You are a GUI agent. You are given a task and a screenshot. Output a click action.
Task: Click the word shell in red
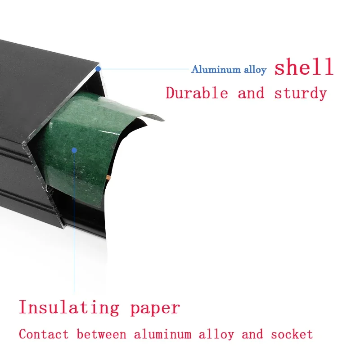pos(304,67)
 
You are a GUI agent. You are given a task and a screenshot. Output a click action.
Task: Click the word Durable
pos(197,93)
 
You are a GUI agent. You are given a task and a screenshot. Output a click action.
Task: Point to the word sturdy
pos(301,94)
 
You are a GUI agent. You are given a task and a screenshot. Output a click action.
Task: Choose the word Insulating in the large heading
pos(69,308)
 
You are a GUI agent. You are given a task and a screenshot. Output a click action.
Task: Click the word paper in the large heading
pos(155,309)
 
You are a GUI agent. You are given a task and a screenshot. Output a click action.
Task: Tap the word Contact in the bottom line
pos(44,334)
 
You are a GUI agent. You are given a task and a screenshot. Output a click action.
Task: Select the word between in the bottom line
pos(102,334)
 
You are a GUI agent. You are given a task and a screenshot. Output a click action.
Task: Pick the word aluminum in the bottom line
pos(163,334)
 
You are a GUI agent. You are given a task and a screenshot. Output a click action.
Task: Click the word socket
pos(292,334)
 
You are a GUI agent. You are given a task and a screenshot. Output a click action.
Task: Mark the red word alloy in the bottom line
pos(216,335)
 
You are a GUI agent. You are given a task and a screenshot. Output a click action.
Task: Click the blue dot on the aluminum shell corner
pos(98,69)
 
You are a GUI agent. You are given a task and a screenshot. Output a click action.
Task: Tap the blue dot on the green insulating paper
pos(74,150)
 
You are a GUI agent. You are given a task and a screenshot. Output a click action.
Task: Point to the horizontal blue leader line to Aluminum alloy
pos(144,69)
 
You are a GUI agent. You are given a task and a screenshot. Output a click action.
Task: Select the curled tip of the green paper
pos(161,119)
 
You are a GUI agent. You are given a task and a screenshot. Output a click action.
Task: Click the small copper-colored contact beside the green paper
pos(108,177)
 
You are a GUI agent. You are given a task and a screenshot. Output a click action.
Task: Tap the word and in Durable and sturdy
pos(251,93)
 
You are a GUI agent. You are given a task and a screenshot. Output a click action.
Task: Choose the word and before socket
pos(252,334)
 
